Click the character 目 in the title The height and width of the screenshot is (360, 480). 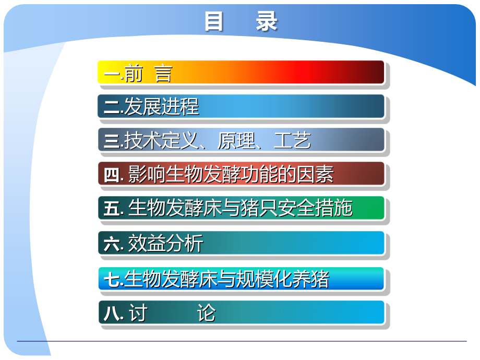tap(214, 22)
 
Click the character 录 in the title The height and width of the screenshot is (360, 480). tap(267, 22)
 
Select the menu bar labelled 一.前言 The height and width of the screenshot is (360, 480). tap(241, 73)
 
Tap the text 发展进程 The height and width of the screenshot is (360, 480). tap(161, 106)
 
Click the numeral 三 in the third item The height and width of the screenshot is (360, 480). tap(111, 140)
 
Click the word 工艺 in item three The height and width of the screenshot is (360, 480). tap(293, 140)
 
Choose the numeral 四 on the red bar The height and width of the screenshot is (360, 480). tap(111, 175)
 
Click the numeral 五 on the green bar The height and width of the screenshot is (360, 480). tap(111, 209)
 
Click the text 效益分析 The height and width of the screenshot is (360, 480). tap(165, 244)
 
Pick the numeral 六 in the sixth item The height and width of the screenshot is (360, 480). tap(111, 244)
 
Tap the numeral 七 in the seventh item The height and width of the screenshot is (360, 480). tap(111, 280)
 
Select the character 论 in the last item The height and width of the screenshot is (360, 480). tap(206, 314)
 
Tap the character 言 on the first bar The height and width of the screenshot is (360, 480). tap(163, 74)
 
